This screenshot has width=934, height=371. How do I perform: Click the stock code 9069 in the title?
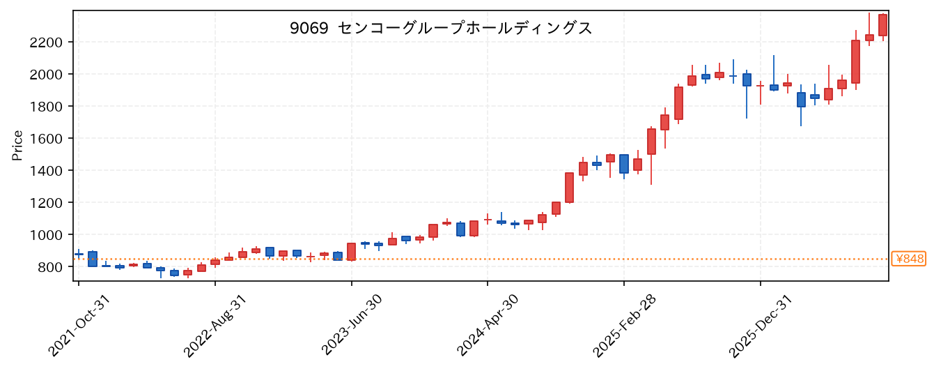pos(309,29)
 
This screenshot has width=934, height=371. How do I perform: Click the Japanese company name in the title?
pos(465,29)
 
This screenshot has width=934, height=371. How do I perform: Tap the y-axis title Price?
pos(17,146)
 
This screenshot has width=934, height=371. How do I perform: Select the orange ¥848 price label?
pos(908,259)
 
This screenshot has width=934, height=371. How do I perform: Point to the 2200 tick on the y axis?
pos(46,43)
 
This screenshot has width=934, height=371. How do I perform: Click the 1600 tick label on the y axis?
pos(46,139)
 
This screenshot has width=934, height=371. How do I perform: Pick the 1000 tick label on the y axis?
pos(46,235)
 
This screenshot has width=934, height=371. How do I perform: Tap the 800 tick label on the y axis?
pos(50,267)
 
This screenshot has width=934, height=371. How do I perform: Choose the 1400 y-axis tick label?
pos(46,171)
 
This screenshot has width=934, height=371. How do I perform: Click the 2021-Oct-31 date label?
pos(79,326)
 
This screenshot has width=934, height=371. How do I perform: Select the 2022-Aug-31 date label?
pos(215,326)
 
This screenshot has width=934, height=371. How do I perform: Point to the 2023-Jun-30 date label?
pos(352,326)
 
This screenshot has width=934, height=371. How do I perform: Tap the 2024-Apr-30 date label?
pos(488,326)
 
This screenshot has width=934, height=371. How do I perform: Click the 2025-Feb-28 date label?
pos(624,326)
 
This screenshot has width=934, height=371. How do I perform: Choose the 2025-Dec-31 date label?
pos(760,326)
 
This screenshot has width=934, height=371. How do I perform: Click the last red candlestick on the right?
pos(882,25)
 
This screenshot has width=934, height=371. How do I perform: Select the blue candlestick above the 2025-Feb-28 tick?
pos(624,164)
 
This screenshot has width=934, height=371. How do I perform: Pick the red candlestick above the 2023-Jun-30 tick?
pos(352,252)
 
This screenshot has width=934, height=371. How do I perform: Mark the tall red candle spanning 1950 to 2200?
pos(855,61)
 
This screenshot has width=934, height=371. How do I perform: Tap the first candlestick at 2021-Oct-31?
pos(79,254)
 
